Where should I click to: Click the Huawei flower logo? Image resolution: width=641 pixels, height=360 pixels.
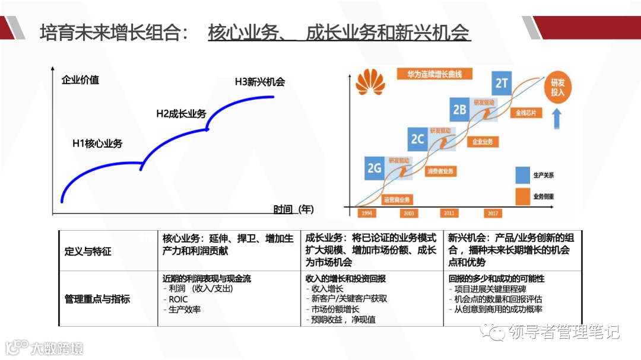370,82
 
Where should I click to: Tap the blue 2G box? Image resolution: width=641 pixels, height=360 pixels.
375,168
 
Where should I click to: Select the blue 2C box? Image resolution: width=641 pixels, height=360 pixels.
417,138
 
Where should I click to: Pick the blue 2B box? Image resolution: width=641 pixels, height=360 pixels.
459,109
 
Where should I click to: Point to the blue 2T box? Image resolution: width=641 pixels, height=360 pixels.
502,82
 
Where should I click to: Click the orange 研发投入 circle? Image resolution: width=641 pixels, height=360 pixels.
557,88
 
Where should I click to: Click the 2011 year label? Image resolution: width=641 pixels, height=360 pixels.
449,212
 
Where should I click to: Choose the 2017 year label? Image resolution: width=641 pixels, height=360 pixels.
493,212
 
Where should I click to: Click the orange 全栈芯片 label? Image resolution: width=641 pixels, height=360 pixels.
525,111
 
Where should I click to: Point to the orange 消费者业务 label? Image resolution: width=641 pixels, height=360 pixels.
440,171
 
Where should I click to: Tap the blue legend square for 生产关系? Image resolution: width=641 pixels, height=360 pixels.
523,176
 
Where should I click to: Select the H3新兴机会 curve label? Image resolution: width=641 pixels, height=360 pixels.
260,82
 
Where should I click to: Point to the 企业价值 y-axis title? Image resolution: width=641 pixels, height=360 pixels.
80,79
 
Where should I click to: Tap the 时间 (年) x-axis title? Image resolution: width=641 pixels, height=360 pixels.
294,209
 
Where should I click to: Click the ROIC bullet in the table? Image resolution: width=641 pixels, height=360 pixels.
178,299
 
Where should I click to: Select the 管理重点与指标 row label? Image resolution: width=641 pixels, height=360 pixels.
97,299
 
